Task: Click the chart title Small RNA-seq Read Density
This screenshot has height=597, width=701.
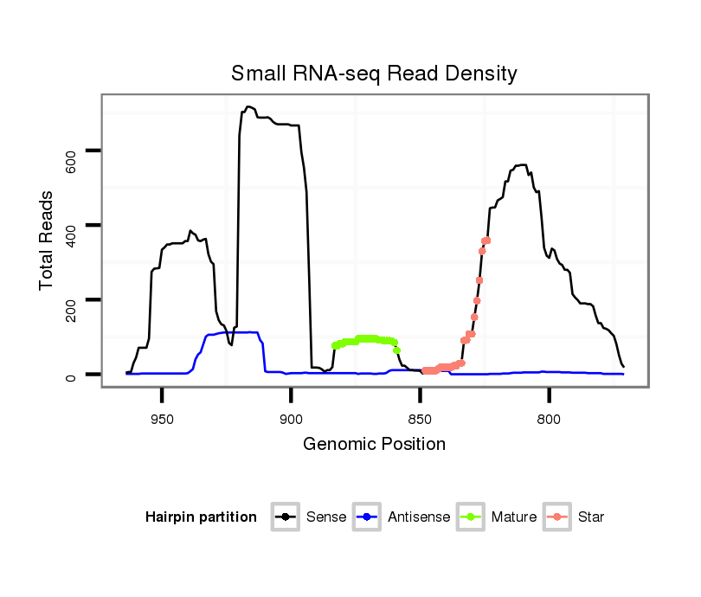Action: (x=374, y=74)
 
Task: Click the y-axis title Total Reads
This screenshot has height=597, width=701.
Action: (x=47, y=240)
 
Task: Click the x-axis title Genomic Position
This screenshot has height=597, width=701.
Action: (x=374, y=445)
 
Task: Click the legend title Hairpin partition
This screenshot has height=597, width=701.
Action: (x=201, y=517)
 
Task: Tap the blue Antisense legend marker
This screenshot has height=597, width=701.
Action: (x=367, y=517)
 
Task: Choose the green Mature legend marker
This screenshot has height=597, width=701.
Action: (x=471, y=517)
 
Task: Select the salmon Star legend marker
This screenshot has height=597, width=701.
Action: (x=557, y=517)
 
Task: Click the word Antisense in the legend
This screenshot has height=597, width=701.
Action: (x=419, y=517)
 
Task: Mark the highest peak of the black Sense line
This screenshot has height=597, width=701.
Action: (x=248, y=107)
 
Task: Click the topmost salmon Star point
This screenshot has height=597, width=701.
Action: (x=486, y=240)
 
